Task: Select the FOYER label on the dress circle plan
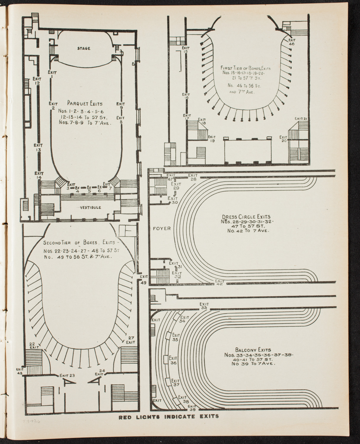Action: [x=162, y=229]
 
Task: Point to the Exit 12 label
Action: [x=37, y=81]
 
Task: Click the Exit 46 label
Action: [x=292, y=42]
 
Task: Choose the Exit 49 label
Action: [x=144, y=279]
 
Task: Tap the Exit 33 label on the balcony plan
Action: [x=204, y=306]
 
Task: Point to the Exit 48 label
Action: [x=20, y=371]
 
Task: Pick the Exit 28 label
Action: [x=193, y=177]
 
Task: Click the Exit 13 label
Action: [x=38, y=147]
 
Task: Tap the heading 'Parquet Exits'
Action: [x=85, y=104]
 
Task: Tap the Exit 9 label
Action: [x=120, y=106]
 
